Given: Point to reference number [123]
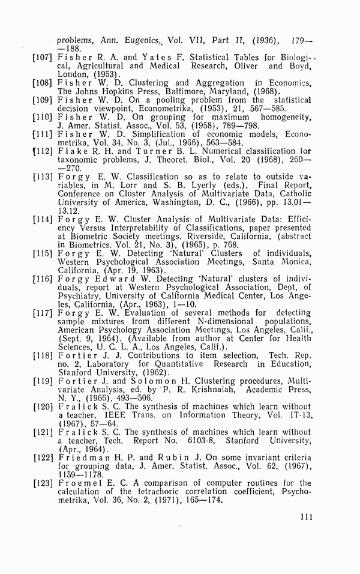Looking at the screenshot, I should coord(45,483).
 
